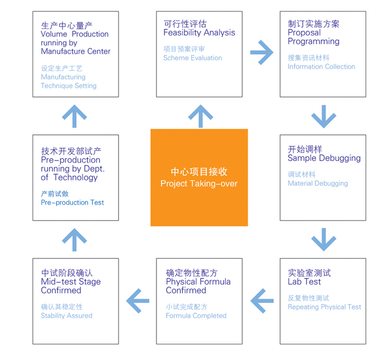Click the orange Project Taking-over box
[199, 177]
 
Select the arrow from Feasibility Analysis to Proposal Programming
[261, 53]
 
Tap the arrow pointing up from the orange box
[200, 115]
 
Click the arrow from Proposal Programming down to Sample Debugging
[323, 115]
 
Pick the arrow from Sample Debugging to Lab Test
[323, 239]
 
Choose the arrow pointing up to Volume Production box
[75, 115]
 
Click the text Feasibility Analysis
[199, 33]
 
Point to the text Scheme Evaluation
[192, 58]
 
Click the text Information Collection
[321, 66]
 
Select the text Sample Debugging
[324, 158]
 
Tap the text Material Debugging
[317, 183]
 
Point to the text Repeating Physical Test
[324, 307]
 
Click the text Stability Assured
[66, 315]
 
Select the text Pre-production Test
[72, 202]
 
